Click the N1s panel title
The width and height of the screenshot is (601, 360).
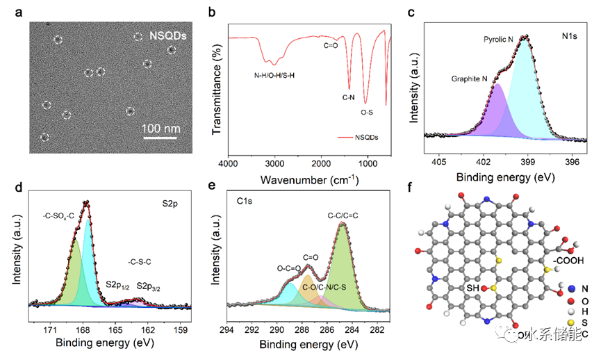(571, 34)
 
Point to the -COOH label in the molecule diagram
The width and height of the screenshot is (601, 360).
(573, 260)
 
